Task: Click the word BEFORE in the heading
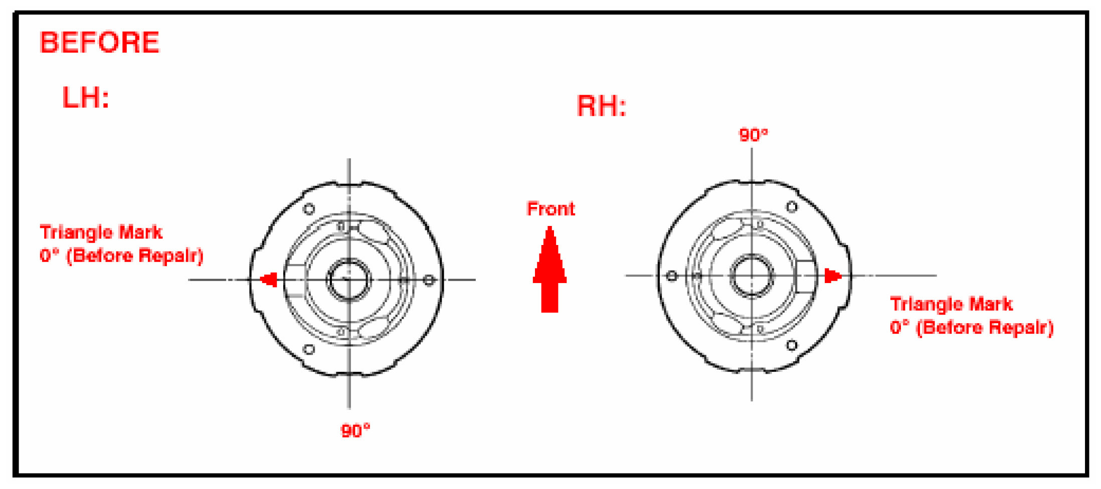tap(99, 43)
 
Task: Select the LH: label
tap(85, 98)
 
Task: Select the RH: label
tap(601, 106)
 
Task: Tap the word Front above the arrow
tap(550, 209)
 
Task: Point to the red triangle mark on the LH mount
tap(269, 280)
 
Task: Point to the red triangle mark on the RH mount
tap(832, 276)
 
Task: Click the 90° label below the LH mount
tap(355, 430)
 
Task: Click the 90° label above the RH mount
tap(753, 135)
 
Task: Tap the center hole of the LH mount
tap(348, 280)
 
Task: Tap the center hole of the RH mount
tap(751, 276)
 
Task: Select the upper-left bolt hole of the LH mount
tap(309, 208)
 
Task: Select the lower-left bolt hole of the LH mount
tap(309, 349)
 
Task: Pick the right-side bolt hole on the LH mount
tap(429, 280)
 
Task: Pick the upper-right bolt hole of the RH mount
tap(792, 206)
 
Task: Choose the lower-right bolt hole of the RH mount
tap(792, 345)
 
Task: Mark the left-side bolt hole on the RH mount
tap(672, 276)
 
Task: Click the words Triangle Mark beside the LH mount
tap(101, 232)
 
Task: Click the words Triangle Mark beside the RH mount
tap(951, 304)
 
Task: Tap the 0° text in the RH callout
tap(899, 328)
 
